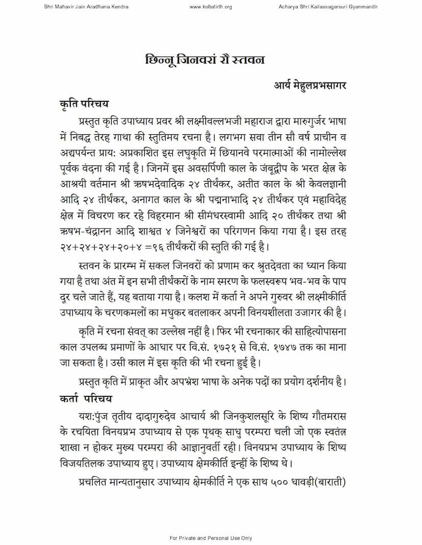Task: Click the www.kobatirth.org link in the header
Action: coord(210,7)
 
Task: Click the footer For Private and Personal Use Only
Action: coord(210,538)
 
